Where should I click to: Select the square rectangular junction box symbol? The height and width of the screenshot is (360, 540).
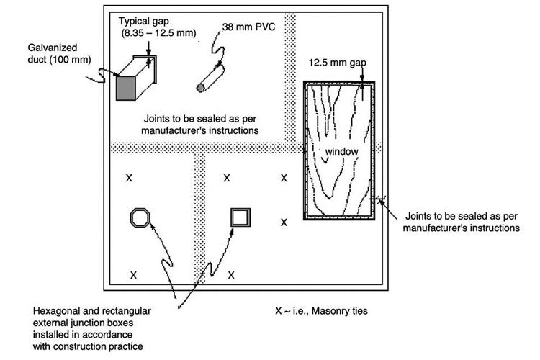click(240, 217)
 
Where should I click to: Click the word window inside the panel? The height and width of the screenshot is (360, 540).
click(339, 153)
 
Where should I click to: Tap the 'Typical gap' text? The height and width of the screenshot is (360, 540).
click(143, 21)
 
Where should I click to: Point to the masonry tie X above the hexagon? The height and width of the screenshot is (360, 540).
click(129, 177)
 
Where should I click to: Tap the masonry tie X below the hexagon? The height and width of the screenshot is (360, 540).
click(132, 275)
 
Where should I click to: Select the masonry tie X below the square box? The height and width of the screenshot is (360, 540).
click(231, 275)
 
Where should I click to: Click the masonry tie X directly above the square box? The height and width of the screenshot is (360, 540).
click(227, 177)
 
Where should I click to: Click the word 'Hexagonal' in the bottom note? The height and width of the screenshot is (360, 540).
click(55, 311)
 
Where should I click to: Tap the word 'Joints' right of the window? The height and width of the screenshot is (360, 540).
click(420, 215)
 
